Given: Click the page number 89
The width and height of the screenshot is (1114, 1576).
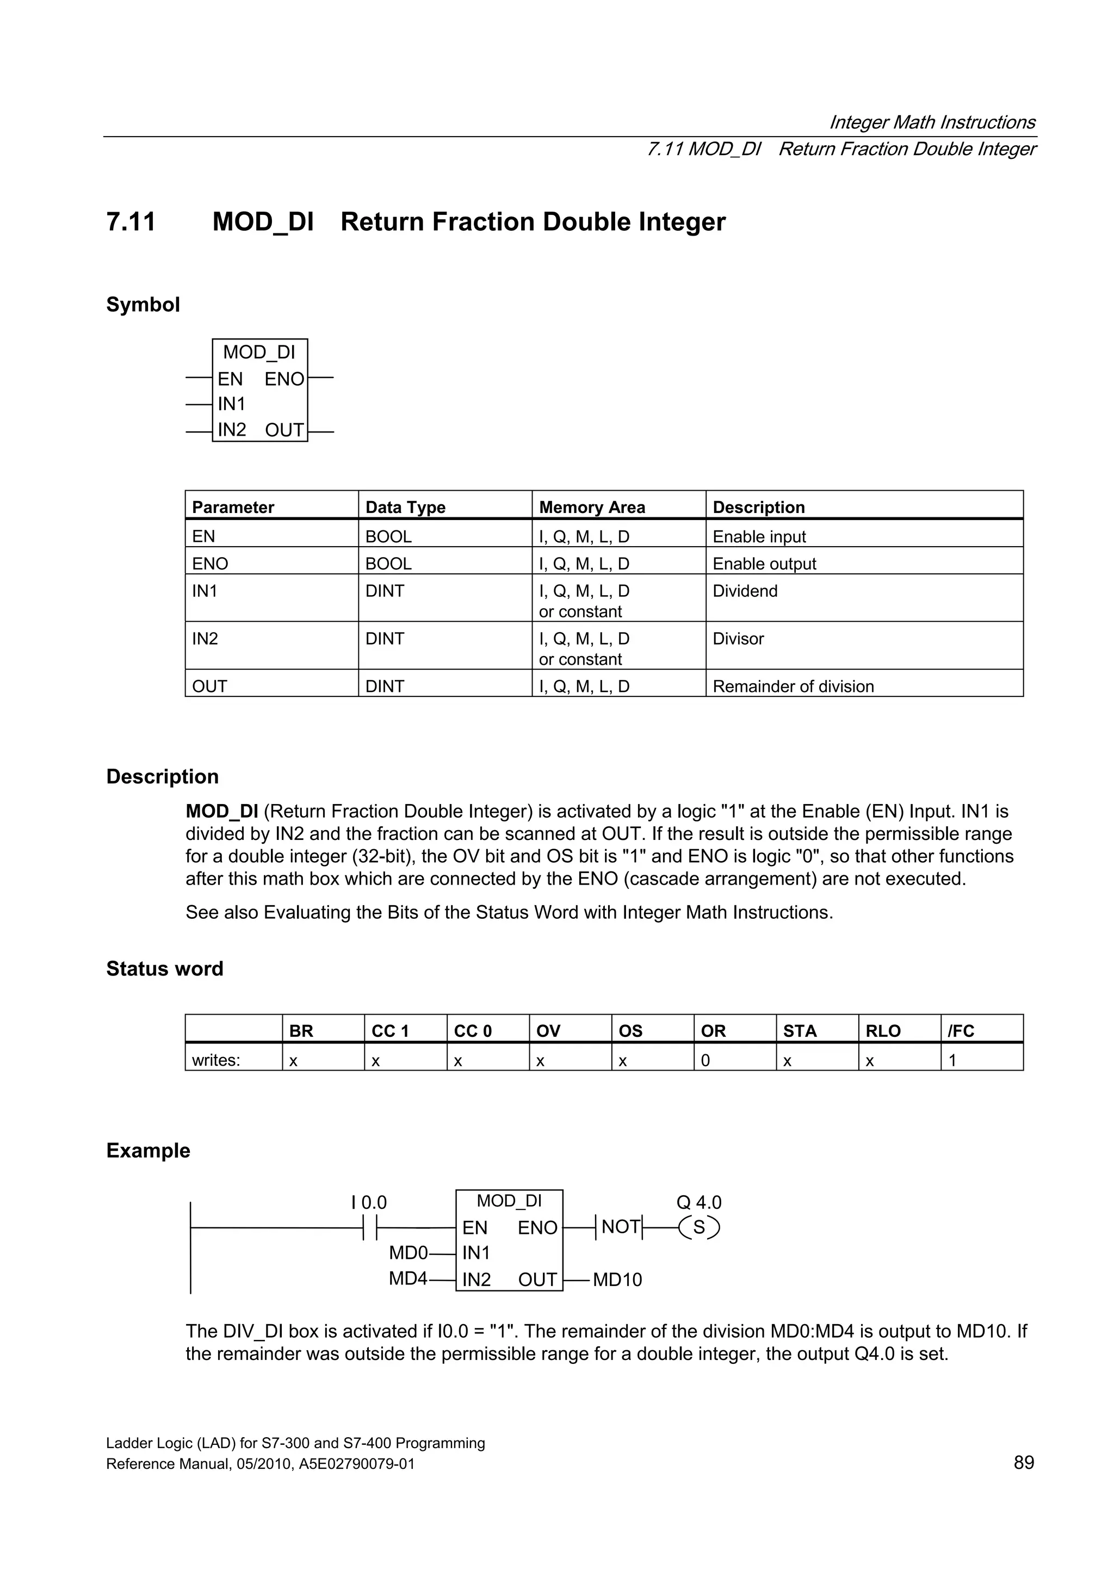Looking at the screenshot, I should coord(1023,1463).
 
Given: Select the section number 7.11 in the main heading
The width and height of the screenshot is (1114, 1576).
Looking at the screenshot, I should coord(131,222).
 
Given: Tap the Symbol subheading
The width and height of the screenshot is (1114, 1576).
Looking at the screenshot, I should coord(143,304).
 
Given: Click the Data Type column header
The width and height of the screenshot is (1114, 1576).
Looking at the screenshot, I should coord(405,507).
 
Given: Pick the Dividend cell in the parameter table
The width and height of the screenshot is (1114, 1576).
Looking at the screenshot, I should coord(745,591).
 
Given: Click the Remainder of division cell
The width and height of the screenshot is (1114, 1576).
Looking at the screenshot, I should coord(793,687).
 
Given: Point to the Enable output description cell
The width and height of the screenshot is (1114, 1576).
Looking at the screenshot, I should coord(764,564).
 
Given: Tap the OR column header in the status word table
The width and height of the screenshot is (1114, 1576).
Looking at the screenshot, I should coord(713,1031).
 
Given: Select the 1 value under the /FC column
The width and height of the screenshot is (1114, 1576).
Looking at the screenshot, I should coord(952,1060).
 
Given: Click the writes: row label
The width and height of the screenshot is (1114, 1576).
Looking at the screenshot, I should coord(216,1060).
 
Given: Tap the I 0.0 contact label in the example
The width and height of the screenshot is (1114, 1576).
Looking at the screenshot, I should coord(369,1203).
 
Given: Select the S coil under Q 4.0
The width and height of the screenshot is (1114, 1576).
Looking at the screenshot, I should coord(699,1227).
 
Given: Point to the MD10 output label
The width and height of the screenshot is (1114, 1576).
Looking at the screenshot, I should coord(617,1280).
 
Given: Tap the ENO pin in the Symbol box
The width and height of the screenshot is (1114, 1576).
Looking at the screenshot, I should coord(284,379).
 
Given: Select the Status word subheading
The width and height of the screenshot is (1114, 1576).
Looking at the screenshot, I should coord(165,968).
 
